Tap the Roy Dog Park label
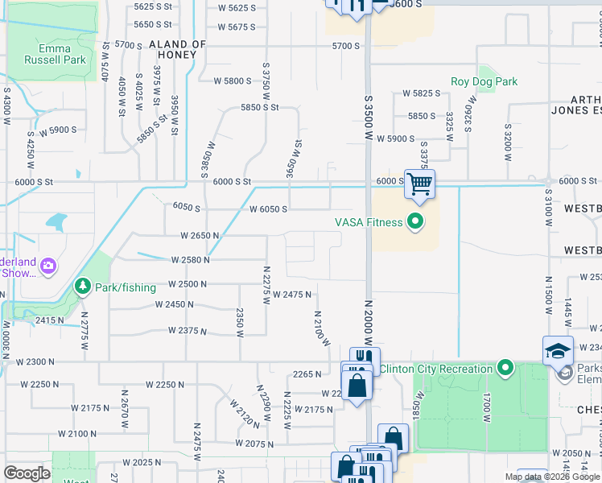click(484, 81)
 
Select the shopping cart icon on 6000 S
click(419, 184)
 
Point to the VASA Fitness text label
click(369, 222)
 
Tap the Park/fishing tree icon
click(82, 286)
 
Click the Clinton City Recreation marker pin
click(505, 369)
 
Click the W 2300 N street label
click(31, 362)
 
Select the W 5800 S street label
click(233, 80)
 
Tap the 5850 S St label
click(258, 107)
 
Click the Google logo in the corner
click(27, 473)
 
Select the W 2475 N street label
click(291, 295)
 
